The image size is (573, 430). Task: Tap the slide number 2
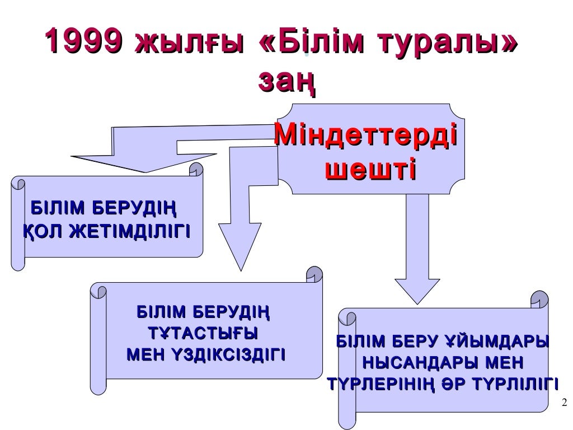563,401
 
